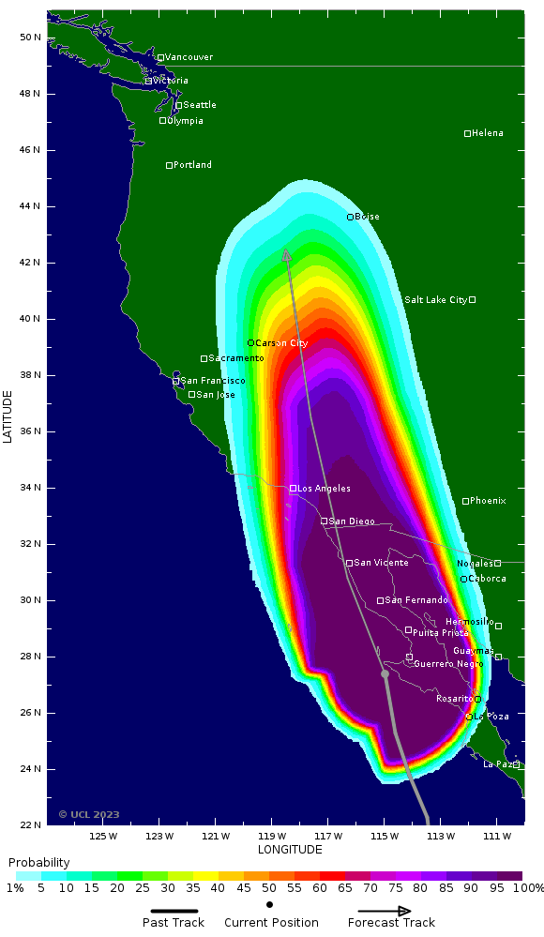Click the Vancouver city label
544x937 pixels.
pos(189,57)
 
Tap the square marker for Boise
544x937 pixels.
pos(350,217)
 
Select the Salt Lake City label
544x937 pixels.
pos(435,300)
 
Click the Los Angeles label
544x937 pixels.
pos(325,489)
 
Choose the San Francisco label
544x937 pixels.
pos(213,381)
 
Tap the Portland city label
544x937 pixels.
pos(192,165)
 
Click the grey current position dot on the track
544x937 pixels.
pos(385,673)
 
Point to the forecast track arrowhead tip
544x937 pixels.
pos(286,249)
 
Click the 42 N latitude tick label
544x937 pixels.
pos(29,263)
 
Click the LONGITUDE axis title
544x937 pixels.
pos(290,850)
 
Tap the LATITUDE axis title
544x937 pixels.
pos(8,418)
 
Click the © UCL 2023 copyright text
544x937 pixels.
pos(89,814)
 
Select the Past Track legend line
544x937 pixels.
pos(174,910)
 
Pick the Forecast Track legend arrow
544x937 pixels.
pos(385,910)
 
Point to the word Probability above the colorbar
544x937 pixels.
pos(39,862)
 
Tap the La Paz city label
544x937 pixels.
pos(497,764)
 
